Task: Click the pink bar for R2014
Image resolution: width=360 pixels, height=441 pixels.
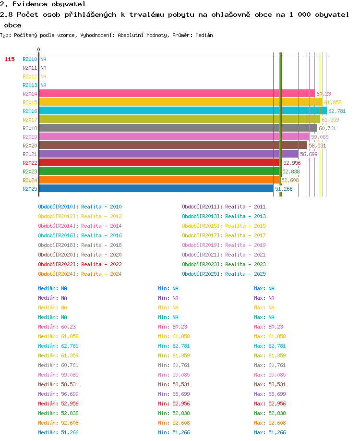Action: pyautogui.click(x=177, y=93)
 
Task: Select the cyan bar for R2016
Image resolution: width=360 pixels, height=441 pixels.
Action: pyautogui.click(x=183, y=110)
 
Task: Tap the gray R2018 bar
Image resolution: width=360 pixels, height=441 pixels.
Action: pyautogui.click(x=178, y=128)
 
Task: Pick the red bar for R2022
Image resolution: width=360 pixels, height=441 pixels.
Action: pyautogui.click(x=160, y=162)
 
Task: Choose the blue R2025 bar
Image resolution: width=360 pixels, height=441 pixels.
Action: pyautogui.click(x=156, y=188)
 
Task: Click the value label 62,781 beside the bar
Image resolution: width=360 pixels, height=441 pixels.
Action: pyautogui.click(x=337, y=111)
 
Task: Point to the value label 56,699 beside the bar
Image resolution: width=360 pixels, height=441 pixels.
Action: pyautogui.click(x=309, y=154)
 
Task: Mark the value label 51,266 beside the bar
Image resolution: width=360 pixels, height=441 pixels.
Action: pyautogui.click(x=284, y=189)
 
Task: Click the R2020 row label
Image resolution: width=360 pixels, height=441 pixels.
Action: pyautogui.click(x=30, y=146)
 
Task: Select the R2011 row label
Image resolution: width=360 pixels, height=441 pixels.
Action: pyautogui.click(x=30, y=68)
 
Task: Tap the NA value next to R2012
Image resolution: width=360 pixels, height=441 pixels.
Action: pyautogui.click(x=43, y=76)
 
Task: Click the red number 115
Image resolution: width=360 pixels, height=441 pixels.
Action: pyautogui.click(x=10, y=59)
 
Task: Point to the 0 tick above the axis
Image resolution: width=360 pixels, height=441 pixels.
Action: pyautogui.click(x=38, y=49)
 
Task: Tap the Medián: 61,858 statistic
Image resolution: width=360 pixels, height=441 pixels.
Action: pyautogui.click(x=58, y=336)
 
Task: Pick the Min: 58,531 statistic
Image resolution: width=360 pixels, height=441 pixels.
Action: pyautogui.click(x=174, y=384)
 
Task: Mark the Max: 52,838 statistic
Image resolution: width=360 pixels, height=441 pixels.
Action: pyautogui.click(x=270, y=413)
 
